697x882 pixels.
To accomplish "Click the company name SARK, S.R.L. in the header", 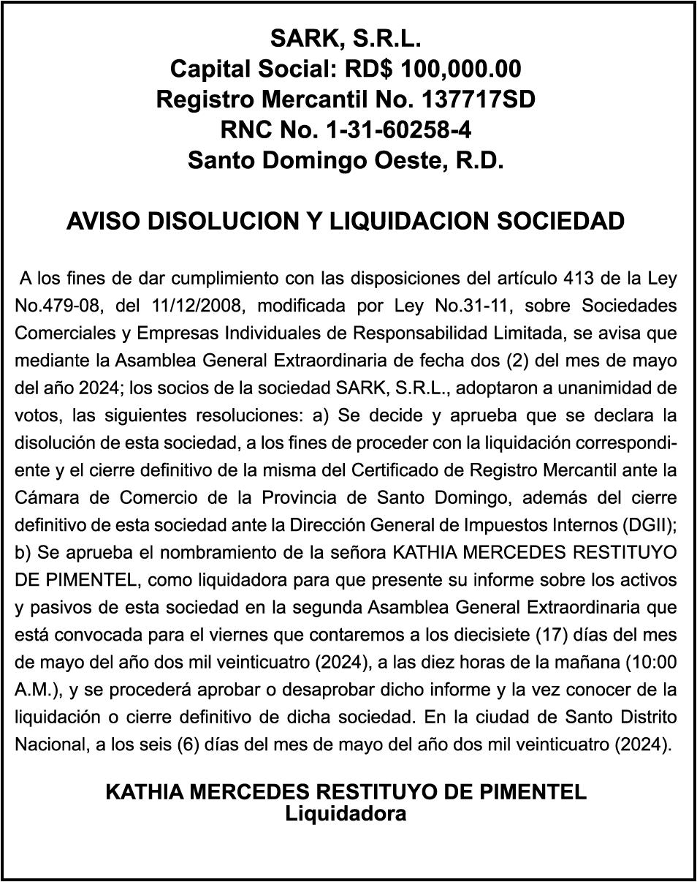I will coord(346,38).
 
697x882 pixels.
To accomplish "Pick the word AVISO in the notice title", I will coord(103,221).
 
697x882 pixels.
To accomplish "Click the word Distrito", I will coord(644,717).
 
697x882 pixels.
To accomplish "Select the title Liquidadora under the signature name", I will coord(346,813).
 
